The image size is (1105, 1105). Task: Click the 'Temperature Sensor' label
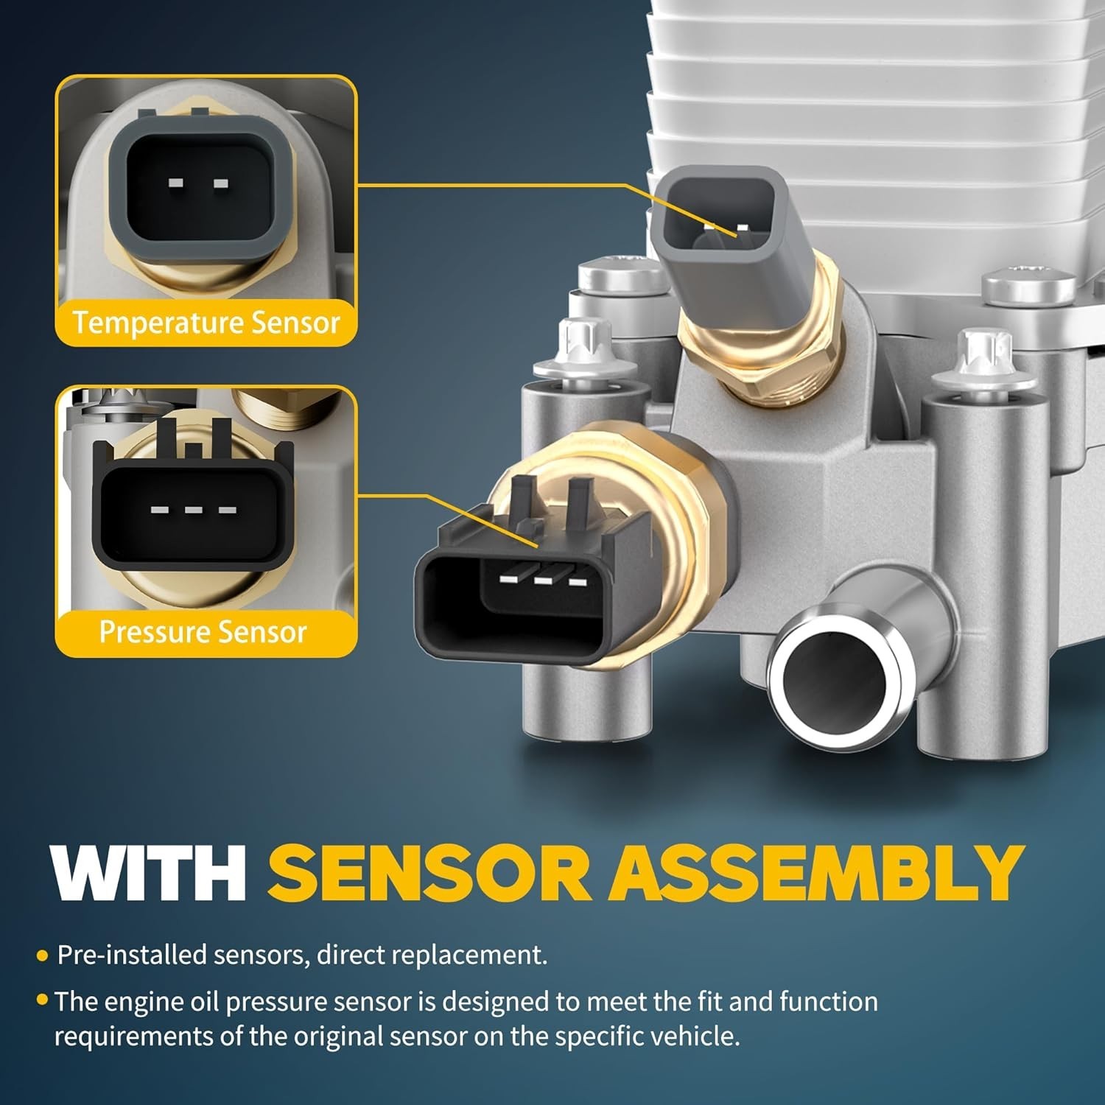click(206, 323)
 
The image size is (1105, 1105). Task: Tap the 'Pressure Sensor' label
click(203, 632)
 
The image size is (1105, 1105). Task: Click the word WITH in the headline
click(148, 873)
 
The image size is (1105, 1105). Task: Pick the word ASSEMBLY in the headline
click(816, 873)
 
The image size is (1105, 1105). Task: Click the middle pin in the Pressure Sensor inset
click(193, 510)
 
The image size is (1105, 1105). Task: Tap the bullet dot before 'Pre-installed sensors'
click(42, 956)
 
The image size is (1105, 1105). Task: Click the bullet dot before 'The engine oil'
click(42, 1000)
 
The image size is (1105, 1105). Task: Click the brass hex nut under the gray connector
click(759, 350)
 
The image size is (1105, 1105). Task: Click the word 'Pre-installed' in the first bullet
click(132, 955)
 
